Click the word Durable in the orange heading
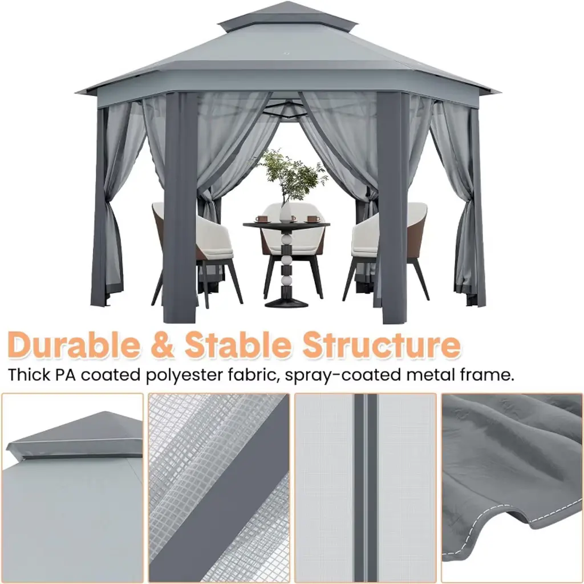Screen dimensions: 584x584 (74, 344)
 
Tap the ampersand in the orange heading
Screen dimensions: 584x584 (163, 345)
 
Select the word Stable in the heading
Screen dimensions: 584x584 (238, 344)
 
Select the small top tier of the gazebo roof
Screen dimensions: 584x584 (287, 17)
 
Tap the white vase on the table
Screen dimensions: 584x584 (286, 213)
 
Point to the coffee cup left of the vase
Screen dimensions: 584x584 (261, 218)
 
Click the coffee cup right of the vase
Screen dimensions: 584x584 (314, 218)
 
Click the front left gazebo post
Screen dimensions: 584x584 (180, 206)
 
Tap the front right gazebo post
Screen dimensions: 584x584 (394, 206)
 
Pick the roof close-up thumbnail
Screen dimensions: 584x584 (72, 488)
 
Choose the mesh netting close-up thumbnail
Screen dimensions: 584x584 (218, 488)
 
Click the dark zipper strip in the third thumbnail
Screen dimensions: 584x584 (366, 488)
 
